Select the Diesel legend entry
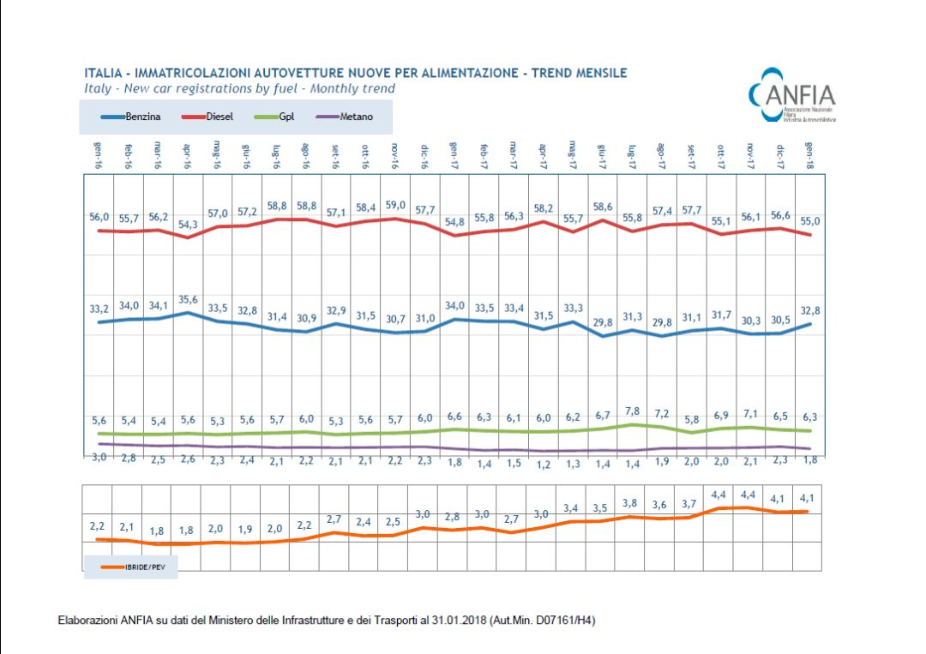pos(211,117)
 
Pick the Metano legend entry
pos(346,117)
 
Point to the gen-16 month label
pos(99,156)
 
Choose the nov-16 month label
pos(394,156)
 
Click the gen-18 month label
pos(809,156)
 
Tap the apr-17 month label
pos(543,156)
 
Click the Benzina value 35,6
pos(188,299)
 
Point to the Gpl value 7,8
pos(633,411)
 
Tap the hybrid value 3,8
pos(632,503)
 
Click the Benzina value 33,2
pos(99,309)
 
